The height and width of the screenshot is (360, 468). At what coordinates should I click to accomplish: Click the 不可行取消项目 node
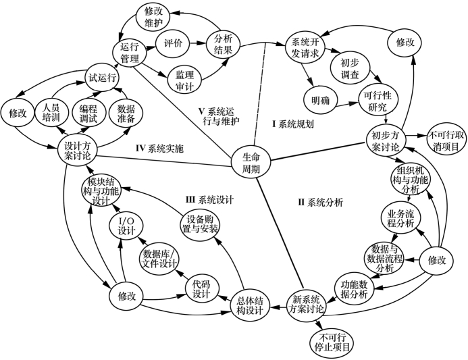tap(443, 140)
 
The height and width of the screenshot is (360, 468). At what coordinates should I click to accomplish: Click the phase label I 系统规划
tap(294, 124)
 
